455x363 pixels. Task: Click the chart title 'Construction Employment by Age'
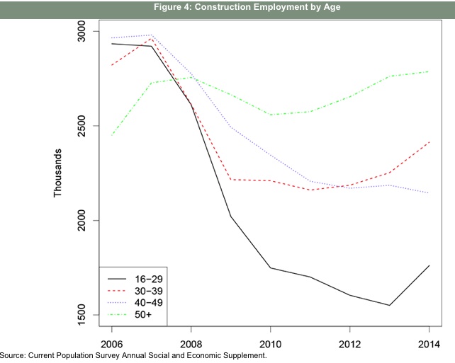click(227, 8)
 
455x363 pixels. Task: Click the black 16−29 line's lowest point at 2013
click(389, 305)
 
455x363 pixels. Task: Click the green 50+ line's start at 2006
click(112, 134)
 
